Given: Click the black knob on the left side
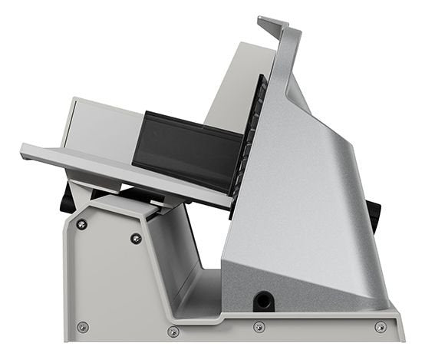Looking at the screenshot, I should (67, 197).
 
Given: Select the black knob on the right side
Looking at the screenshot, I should (374, 216).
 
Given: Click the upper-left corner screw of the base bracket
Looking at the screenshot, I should (81, 224).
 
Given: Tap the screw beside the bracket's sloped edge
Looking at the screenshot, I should (136, 238).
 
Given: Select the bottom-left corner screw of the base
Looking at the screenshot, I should (83, 327).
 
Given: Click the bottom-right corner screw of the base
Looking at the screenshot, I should (381, 327).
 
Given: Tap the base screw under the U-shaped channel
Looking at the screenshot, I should (173, 332).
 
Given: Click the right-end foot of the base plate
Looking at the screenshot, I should (395, 326).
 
